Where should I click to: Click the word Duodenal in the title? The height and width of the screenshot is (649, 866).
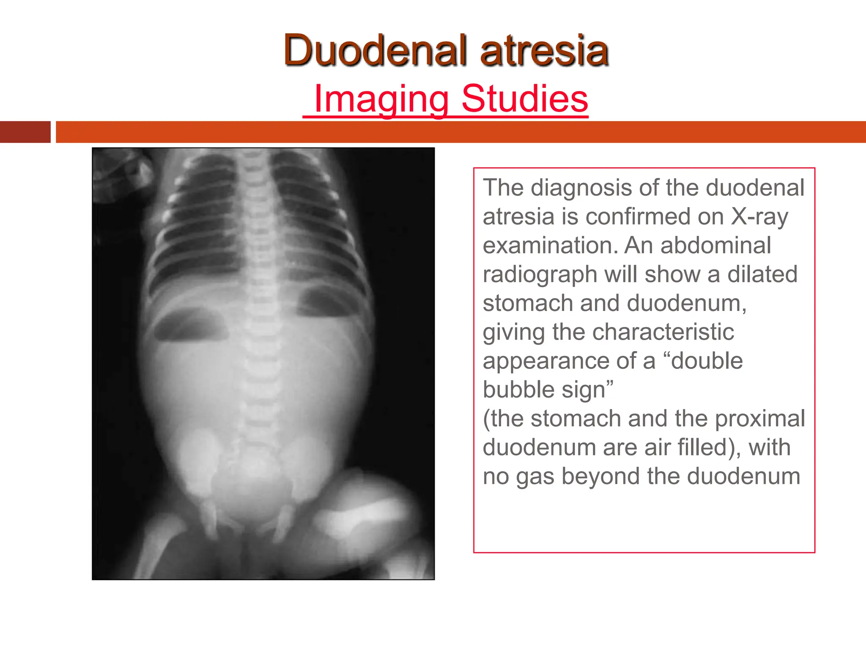click(x=376, y=50)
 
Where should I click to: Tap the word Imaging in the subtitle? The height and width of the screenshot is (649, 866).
click(x=381, y=99)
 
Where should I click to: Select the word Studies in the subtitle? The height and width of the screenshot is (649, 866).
click(x=524, y=99)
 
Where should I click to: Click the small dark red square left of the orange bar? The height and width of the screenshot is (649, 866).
click(x=25, y=132)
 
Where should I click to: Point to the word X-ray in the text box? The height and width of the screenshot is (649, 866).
click(x=759, y=216)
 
